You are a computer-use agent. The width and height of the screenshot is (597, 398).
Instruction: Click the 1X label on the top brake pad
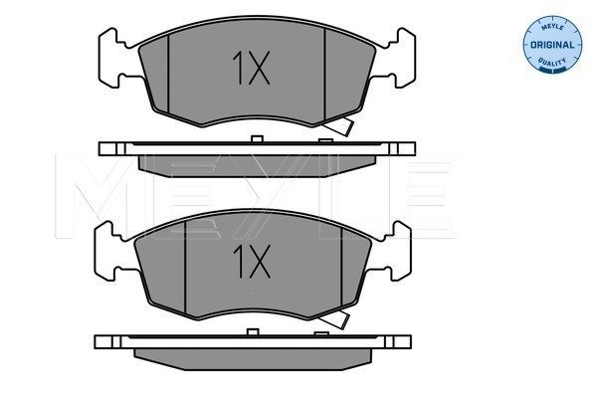click(x=252, y=68)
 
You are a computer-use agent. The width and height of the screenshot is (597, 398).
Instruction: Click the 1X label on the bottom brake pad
click(x=252, y=262)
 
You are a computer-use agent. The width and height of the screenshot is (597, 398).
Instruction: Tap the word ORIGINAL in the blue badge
click(x=552, y=45)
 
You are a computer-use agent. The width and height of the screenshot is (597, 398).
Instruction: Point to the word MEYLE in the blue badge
click(x=552, y=28)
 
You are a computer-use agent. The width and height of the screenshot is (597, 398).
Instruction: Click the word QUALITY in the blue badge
click(x=552, y=62)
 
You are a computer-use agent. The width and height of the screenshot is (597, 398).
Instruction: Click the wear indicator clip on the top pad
click(x=340, y=126)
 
